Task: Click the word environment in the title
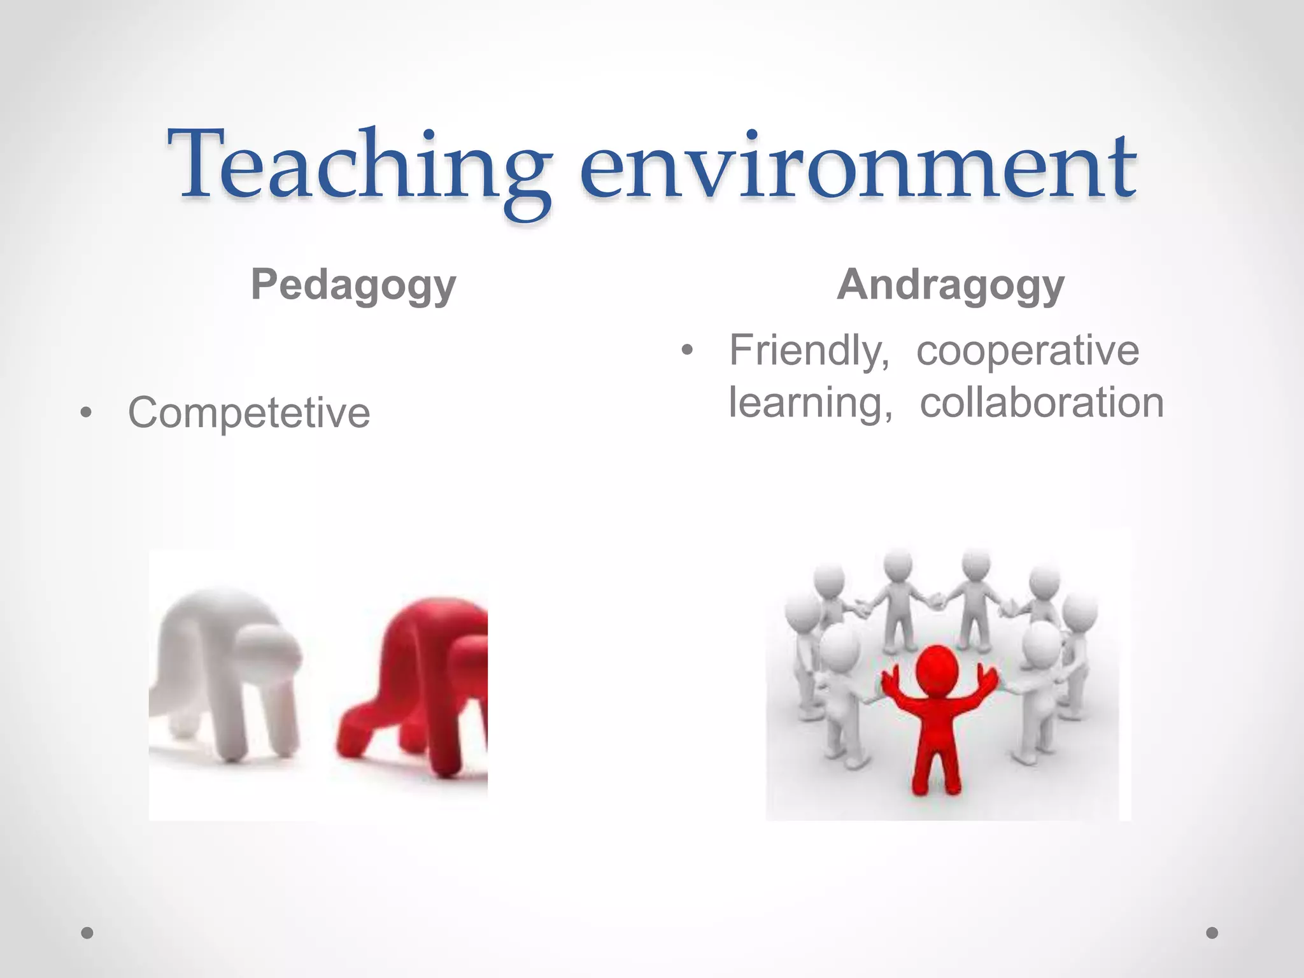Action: pyautogui.click(x=856, y=167)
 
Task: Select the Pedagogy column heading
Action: pyautogui.click(x=353, y=285)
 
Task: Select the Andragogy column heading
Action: pyautogui.click(x=951, y=285)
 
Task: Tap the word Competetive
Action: pyautogui.click(x=249, y=413)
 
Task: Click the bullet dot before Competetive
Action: pyautogui.click(x=86, y=413)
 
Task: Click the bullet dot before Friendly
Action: pyautogui.click(x=686, y=350)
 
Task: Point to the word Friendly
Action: pyautogui.click(x=809, y=350)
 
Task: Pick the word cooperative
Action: pyautogui.click(x=1028, y=350)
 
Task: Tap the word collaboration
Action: pyautogui.click(x=1042, y=402)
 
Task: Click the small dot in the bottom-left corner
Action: pyautogui.click(x=87, y=933)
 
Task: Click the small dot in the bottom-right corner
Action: pyautogui.click(x=1212, y=933)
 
